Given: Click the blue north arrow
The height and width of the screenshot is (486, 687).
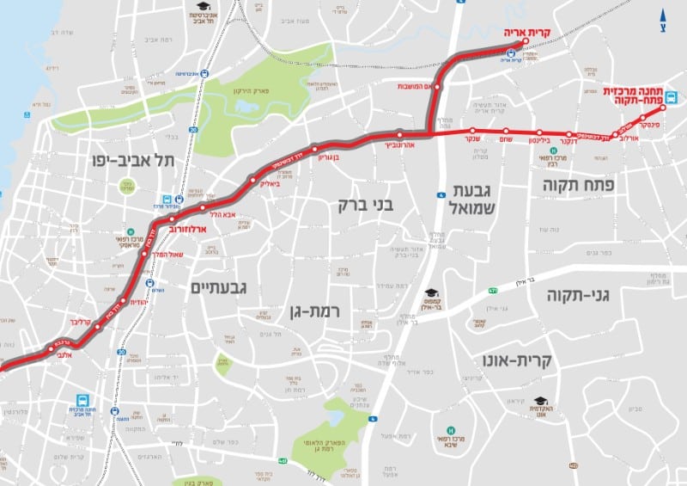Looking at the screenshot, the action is pyautogui.click(x=662, y=15).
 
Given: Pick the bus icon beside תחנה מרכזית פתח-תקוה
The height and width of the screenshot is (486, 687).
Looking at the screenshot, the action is pyautogui.click(x=672, y=97).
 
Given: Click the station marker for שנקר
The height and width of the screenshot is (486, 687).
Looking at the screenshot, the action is pyautogui.click(x=471, y=132).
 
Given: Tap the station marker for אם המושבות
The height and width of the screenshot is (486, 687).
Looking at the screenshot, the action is pyautogui.click(x=438, y=87).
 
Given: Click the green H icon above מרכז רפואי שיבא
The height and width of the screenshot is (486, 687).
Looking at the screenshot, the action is pyautogui.click(x=449, y=430).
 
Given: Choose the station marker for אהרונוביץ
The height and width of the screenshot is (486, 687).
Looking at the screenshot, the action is pyautogui.click(x=400, y=133).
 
